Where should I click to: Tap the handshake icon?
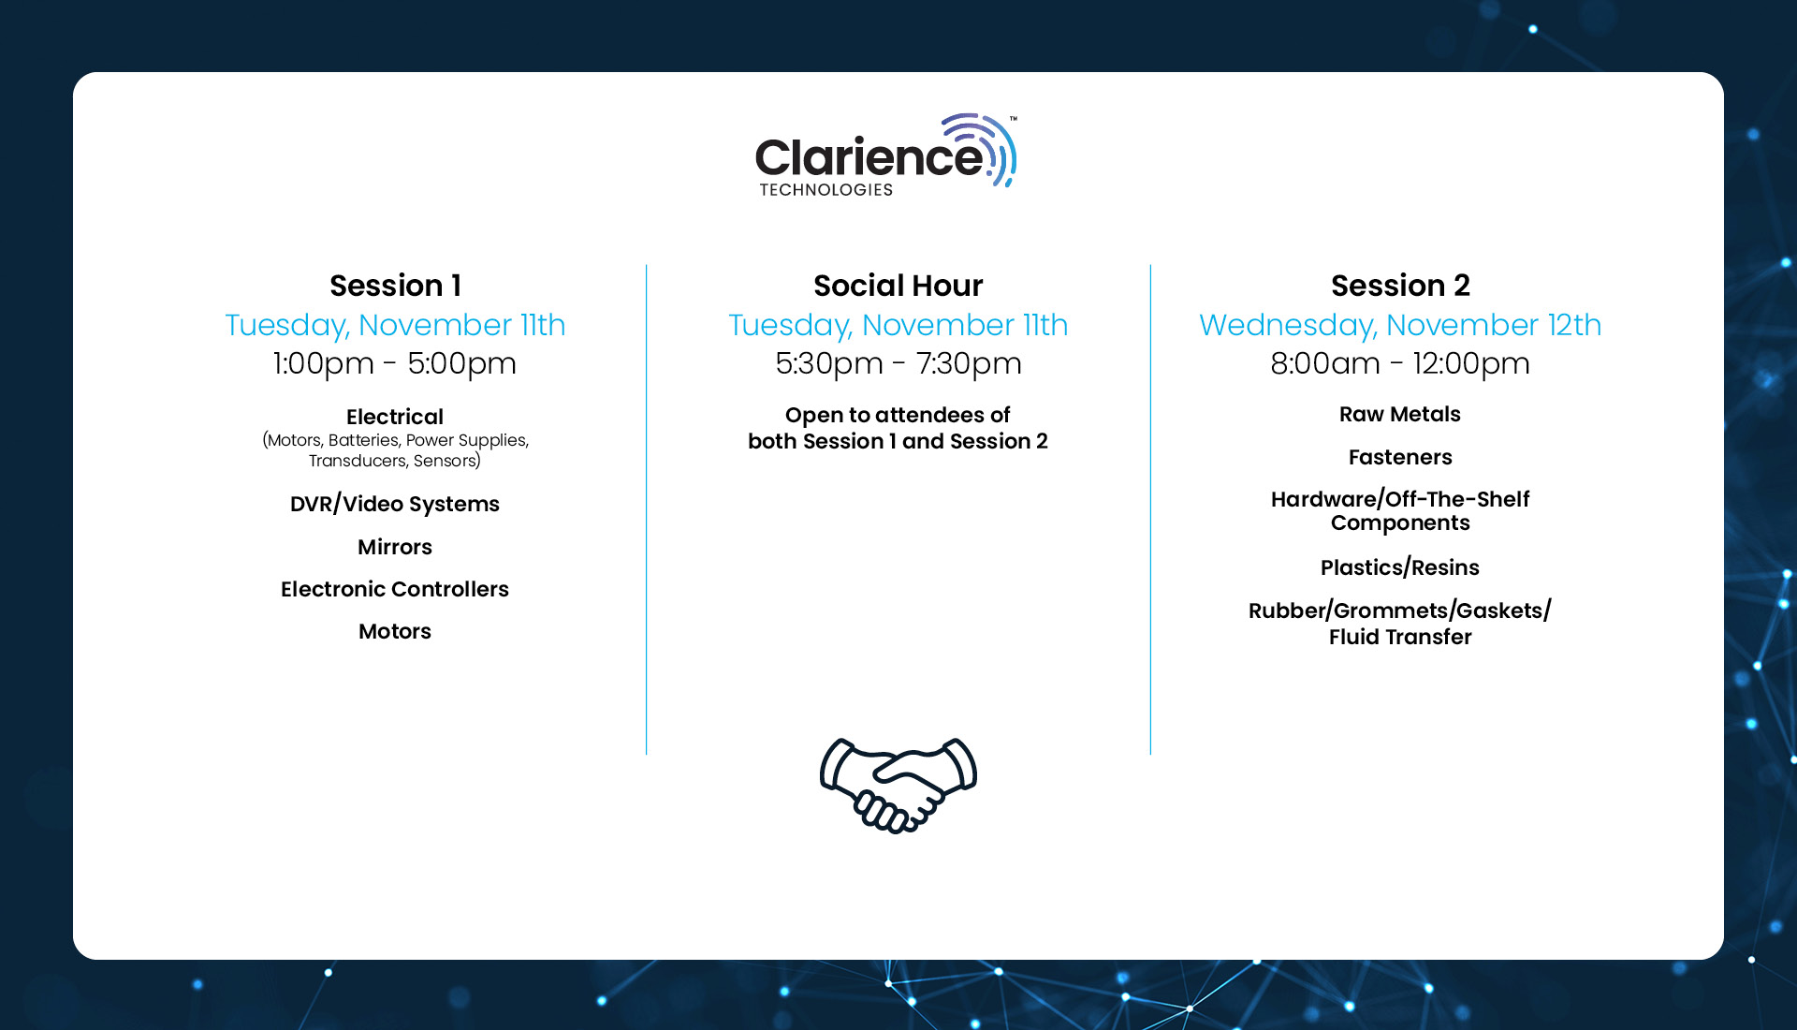click(898, 785)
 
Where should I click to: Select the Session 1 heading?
click(395, 285)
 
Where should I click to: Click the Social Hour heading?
click(898, 285)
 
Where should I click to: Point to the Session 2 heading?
click(1400, 285)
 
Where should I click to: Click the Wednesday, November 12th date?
click(1400, 325)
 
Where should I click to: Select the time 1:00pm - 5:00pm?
click(395, 363)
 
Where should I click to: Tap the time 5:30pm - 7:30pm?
click(898, 363)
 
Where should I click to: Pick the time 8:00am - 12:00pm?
click(1400, 363)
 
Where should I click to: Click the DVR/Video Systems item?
click(395, 504)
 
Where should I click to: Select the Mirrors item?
click(395, 547)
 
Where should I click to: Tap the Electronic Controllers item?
click(395, 589)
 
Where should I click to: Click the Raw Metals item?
click(1400, 414)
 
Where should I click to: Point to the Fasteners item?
click(1400, 457)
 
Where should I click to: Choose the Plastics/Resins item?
click(1400, 567)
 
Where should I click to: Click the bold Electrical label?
click(395, 417)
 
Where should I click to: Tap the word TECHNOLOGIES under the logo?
click(826, 190)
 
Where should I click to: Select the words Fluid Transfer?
click(1400, 637)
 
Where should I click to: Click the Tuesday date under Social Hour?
click(898, 325)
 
